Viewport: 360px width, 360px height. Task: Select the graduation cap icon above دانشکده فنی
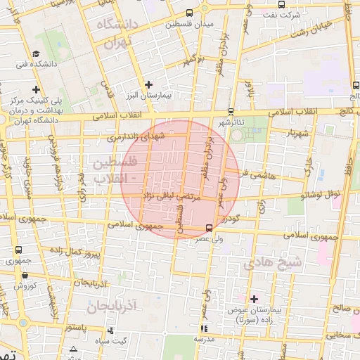(x=36, y=54)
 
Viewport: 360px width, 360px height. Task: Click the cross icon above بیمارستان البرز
(x=148, y=84)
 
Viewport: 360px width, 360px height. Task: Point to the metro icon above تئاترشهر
(x=231, y=112)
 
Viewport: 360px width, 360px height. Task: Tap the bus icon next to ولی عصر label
(x=209, y=227)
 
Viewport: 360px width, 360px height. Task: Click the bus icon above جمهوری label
(x=18, y=250)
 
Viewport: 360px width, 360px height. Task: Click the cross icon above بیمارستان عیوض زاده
(x=254, y=299)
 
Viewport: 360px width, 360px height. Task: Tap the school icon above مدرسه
(x=204, y=328)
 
